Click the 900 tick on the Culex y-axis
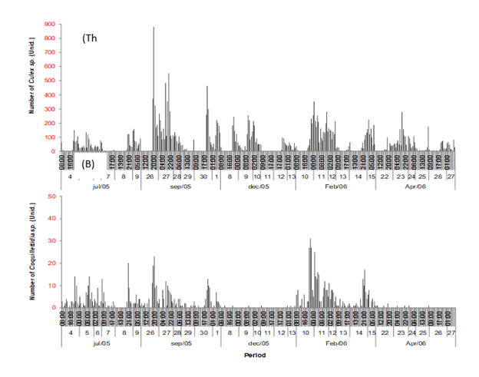click(51, 25)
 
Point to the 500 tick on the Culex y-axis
click(51, 81)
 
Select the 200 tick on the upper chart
click(51, 124)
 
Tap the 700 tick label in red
click(51, 54)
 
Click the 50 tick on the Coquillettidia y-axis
click(53, 197)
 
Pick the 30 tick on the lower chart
click(53, 241)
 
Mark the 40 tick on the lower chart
click(53, 219)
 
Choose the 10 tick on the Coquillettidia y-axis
click(53, 286)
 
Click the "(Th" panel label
click(91, 38)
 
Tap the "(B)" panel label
click(88, 164)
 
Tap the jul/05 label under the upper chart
click(101, 186)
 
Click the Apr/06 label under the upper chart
click(415, 186)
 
